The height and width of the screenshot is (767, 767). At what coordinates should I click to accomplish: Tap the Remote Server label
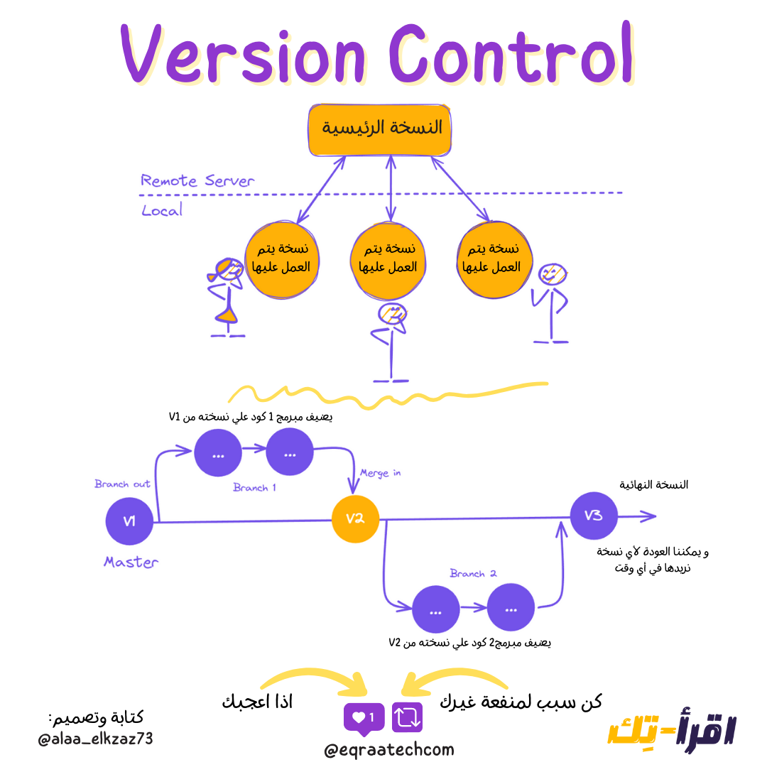click(x=197, y=180)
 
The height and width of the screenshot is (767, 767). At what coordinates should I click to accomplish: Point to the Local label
click(x=162, y=210)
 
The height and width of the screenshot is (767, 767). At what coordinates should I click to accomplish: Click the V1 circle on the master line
click(x=129, y=522)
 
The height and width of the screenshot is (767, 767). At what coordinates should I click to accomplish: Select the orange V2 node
click(x=355, y=518)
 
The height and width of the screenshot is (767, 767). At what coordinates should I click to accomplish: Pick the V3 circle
click(x=594, y=516)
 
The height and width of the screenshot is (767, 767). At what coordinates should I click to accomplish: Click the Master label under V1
click(x=131, y=562)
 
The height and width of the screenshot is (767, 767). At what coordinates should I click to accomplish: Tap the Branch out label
click(x=122, y=484)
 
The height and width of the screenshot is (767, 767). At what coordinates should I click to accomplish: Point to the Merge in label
click(x=380, y=472)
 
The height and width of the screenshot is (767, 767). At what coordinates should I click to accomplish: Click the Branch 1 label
click(x=254, y=488)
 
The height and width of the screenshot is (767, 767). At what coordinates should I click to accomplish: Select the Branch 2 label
click(x=473, y=573)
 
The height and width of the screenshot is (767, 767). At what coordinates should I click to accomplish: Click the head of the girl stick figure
click(x=227, y=271)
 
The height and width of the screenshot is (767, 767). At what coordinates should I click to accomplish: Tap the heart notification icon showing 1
click(x=364, y=718)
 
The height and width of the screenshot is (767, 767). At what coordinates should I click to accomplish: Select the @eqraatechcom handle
click(x=388, y=750)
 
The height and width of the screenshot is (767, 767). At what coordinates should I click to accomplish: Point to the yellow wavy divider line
click(x=387, y=394)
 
